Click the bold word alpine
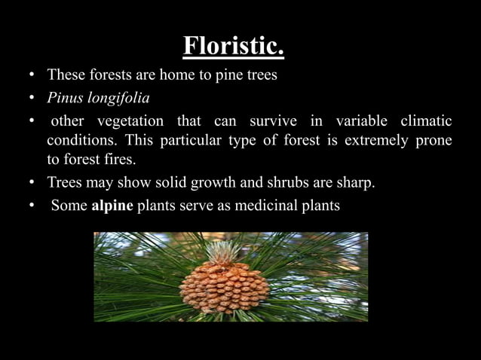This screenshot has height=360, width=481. [x=112, y=205]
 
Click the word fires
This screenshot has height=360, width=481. [x=120, y=160]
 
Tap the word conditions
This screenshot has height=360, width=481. [x=82, y=140]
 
